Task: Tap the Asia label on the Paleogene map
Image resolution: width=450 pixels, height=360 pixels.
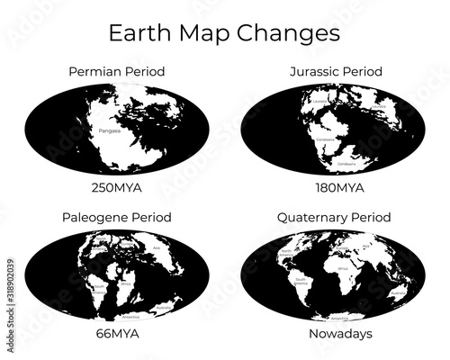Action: point(157,246)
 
